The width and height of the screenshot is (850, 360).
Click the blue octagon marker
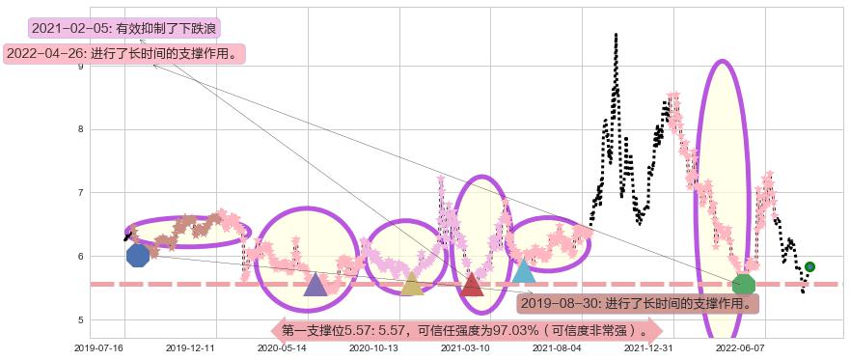(138, 255)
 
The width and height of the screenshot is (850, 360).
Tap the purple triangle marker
(315, 284)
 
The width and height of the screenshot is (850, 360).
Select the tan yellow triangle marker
(412, 284)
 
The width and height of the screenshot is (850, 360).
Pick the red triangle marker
(472, 284)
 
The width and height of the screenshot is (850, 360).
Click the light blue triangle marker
(523, 270)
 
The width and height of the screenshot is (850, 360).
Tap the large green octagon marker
(743, 284)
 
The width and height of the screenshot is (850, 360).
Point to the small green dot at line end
(809, 266)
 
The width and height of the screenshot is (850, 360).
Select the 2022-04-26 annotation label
(123, 54)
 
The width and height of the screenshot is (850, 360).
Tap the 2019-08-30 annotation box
(637, 303)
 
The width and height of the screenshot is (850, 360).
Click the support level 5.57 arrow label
(467, 330)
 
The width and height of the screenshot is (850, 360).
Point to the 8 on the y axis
(81, 129)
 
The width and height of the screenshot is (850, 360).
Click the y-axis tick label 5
(81, 320)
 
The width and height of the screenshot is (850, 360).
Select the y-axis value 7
(81, 193)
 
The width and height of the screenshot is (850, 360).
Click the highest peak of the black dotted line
(615, 36)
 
